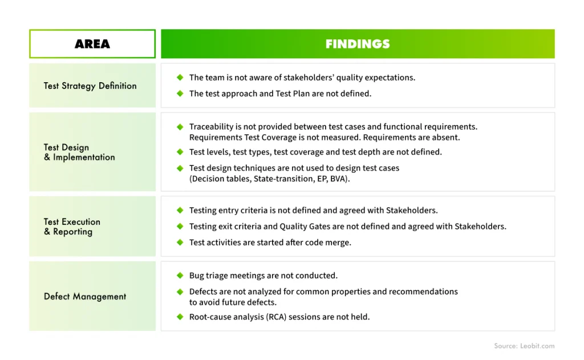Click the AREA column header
pyautogui.click(x=92, y=44)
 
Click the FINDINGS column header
pyautogui.click(x=358, y=44)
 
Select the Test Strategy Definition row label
pyautogui.click(x=90, y=86)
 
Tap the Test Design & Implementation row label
pyautogui.click(x=79, y=152)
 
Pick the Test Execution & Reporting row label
pyautogui.click(x=72, y=226)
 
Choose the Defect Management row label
pyautogui.click(x=85, y=297)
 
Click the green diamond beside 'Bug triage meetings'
pyautogui.click(x=180, y=276)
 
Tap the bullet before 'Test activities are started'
pyautogui.click(x=180, y=242)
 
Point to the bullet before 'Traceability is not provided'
pyautogui.click(x=180, y=127)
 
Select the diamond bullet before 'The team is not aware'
pyautogui.click(x=180, y=78)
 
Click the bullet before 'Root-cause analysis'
pyautogui.click(x=180, y=317)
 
